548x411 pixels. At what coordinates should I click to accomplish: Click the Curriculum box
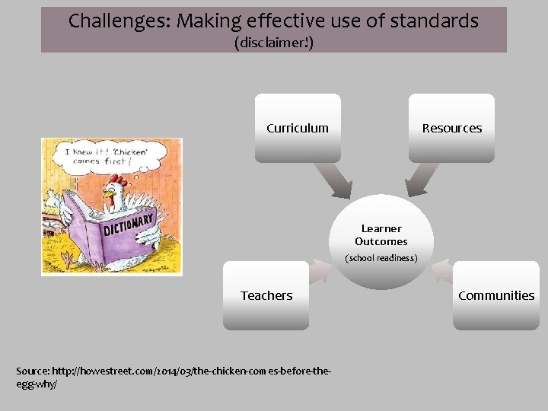click(x=298, y=128)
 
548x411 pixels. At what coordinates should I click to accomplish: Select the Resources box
click(x=451, y=128)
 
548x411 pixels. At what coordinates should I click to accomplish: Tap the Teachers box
click(x=266, y=295)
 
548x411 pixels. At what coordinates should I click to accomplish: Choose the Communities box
click(x=496, y=295)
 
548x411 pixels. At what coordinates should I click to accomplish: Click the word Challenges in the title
click(x=119, y=21)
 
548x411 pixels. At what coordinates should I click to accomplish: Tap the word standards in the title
click(x=432, y=21)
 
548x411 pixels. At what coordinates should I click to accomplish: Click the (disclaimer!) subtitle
click(x=274, y=43)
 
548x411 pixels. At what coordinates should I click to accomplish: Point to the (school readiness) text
click(x=381, y=258)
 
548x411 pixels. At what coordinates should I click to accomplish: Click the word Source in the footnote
click(x=32, y=371)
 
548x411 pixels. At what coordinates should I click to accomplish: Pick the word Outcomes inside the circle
click(x=381, y=242)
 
